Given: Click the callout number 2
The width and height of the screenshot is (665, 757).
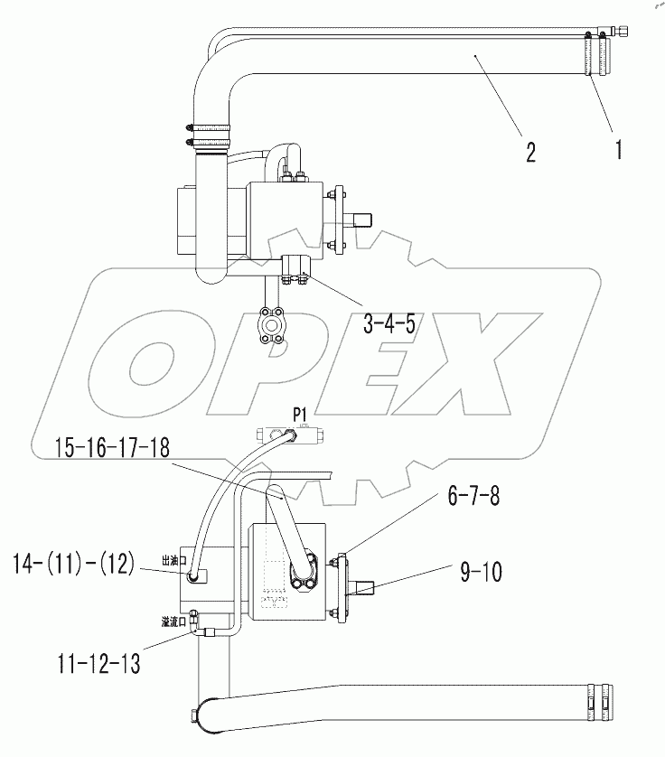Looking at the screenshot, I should [529, 151].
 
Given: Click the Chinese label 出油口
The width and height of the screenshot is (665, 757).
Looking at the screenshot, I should [173, 560].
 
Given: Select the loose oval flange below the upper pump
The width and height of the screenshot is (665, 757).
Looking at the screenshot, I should [273, 322].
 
